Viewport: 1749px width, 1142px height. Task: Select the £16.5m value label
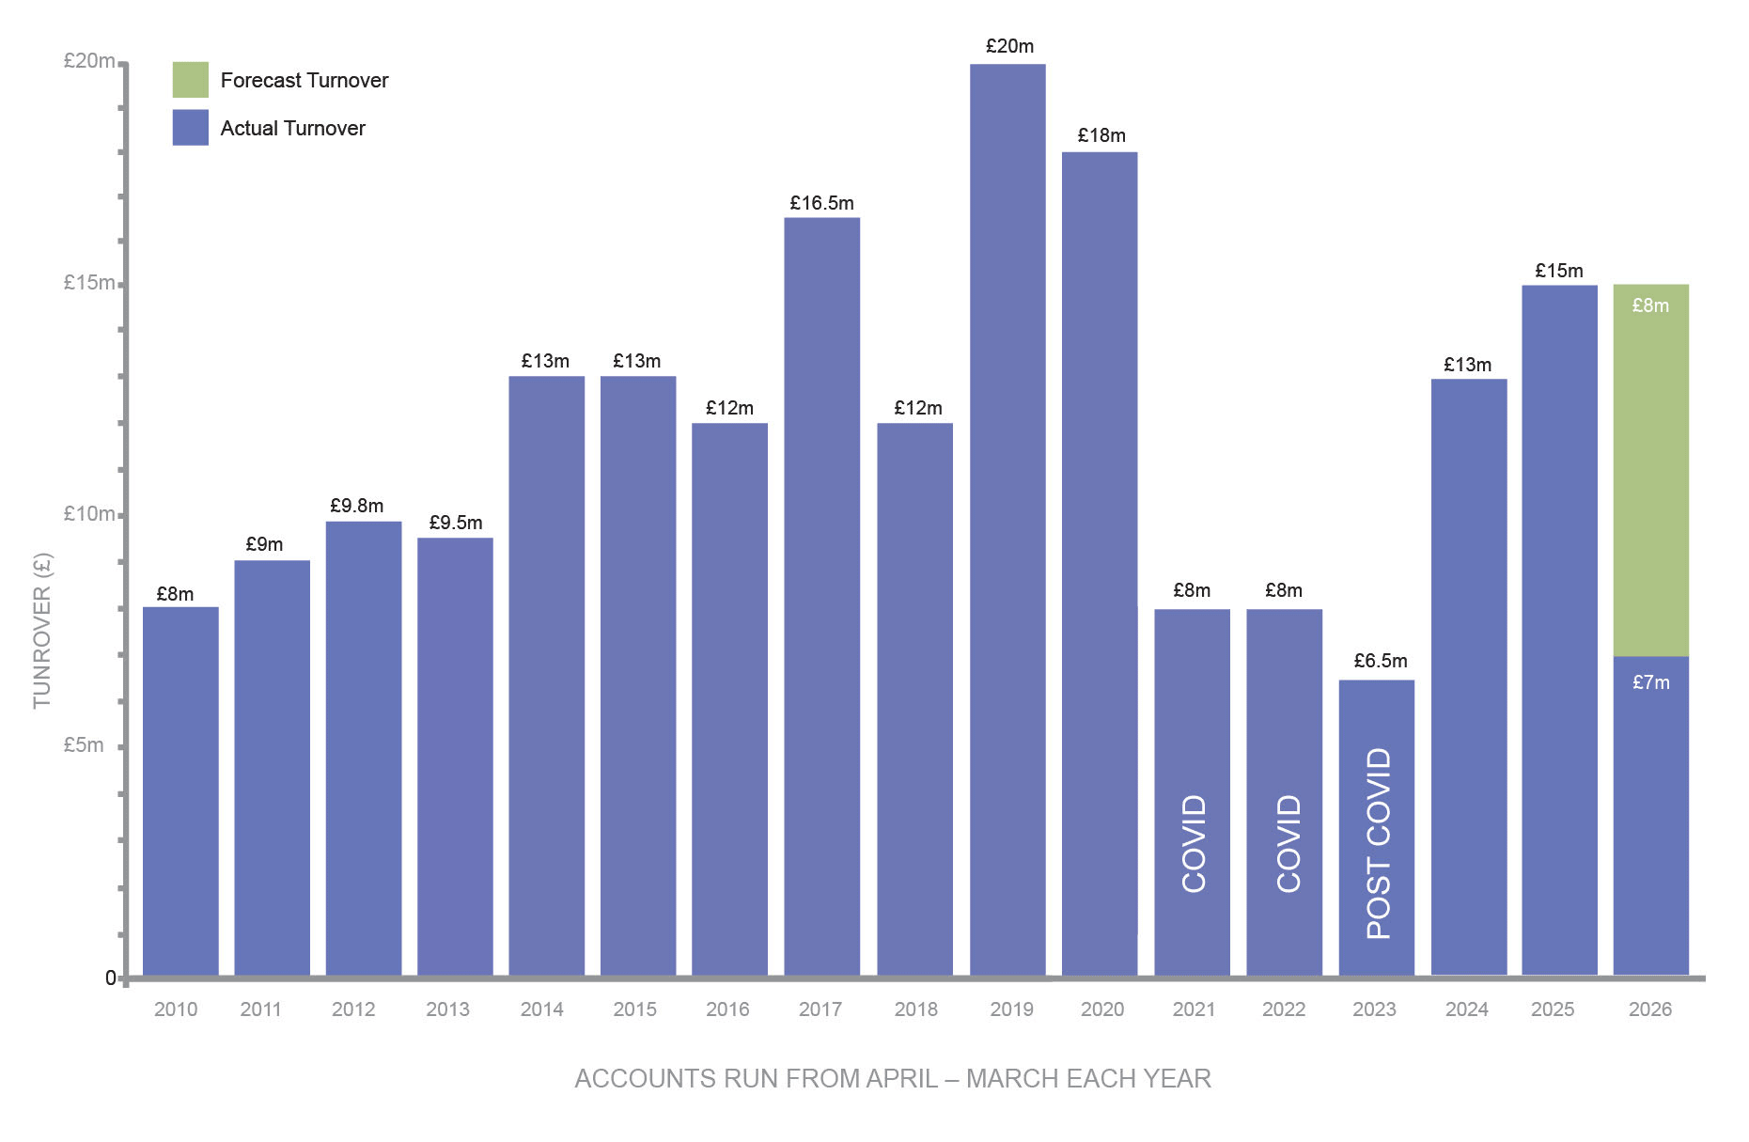821,203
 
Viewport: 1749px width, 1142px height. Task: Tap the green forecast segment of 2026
1650,470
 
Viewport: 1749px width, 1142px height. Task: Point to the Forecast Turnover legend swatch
190,80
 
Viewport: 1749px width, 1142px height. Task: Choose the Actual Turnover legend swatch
190,128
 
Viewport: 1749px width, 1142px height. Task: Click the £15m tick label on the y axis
88,282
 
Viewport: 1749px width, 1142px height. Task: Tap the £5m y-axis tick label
84,745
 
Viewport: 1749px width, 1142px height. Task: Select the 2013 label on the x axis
447,1009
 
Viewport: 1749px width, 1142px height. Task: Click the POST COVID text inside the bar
1378,843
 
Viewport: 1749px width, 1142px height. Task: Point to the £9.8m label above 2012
357,506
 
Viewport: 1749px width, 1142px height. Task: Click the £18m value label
1101,135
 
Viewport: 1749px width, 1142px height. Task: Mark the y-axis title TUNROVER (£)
42,630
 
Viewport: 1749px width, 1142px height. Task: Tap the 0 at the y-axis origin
110,978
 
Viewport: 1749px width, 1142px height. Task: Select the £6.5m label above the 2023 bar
1380,661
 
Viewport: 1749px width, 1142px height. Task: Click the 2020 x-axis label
1101,1009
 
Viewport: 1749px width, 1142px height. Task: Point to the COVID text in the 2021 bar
1194,843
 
